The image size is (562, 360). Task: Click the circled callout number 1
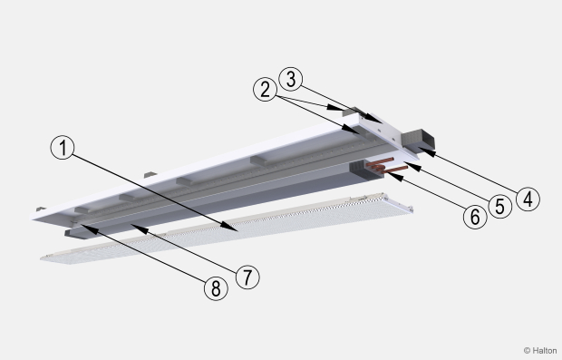(63, 148)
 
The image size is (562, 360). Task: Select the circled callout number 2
(265, 89)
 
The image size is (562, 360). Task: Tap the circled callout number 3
(290, 79)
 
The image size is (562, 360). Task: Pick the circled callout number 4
(528, 199)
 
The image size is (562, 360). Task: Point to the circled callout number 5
(500, 206)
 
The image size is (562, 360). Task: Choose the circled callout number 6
(475, 217)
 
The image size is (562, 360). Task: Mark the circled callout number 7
(247, 277)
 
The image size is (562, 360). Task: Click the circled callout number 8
(216, 288)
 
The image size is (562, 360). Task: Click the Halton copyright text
(540, 350)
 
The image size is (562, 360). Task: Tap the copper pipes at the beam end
(386, 166)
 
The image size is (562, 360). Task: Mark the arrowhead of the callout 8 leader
(86, 228)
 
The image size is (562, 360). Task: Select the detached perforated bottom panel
(227, 229)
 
